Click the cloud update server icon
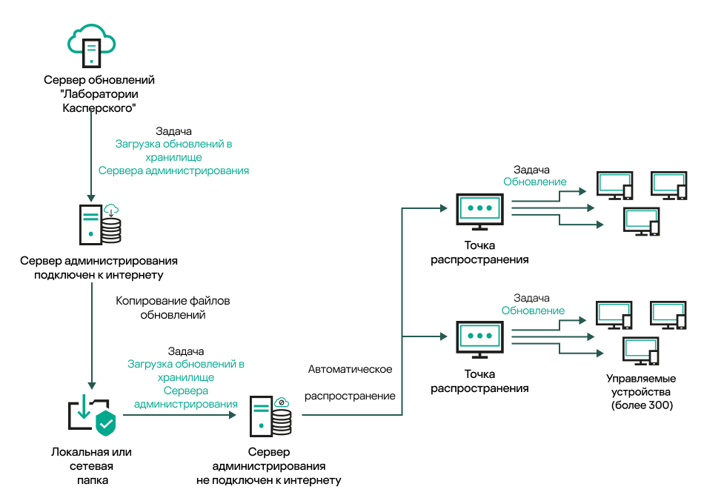pos(91,44)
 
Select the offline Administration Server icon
pos(270,416)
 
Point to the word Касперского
pos(99,107)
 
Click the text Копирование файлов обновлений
pos(173,308)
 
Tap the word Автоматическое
pos(350,369)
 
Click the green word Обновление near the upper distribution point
pos(535,182)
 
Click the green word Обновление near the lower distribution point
pos(534,311)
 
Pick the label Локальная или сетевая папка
pos(91,465)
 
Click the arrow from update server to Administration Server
pos(90,156)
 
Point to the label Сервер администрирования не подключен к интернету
pos(269,465)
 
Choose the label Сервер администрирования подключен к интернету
pos(99,268)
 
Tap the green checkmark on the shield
pos(106,424)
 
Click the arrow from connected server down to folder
pos(90,333)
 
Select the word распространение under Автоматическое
pos(350,396)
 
